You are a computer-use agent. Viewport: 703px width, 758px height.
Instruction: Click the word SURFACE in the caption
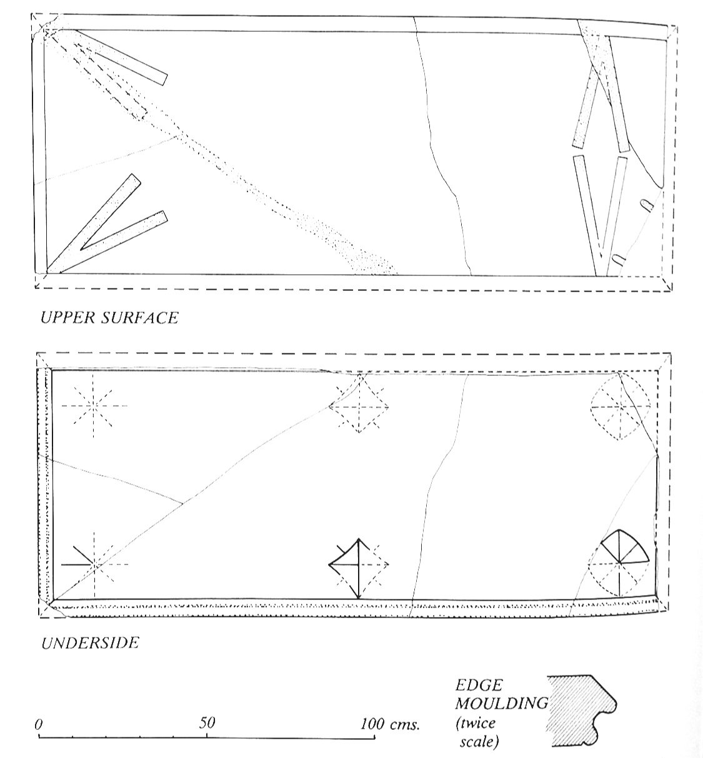139,318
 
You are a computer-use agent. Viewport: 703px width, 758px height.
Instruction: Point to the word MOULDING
501,703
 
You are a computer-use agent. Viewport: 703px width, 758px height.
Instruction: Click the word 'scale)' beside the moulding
479,741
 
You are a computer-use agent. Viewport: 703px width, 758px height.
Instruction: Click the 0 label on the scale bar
38,724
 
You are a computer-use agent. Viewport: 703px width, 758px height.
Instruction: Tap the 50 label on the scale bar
207,722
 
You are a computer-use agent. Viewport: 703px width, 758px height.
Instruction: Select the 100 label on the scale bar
373,724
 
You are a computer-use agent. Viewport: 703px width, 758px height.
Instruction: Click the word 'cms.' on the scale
406,724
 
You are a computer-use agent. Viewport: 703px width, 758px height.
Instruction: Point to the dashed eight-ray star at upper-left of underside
94,406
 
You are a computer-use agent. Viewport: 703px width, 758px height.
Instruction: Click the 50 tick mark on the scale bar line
207,736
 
